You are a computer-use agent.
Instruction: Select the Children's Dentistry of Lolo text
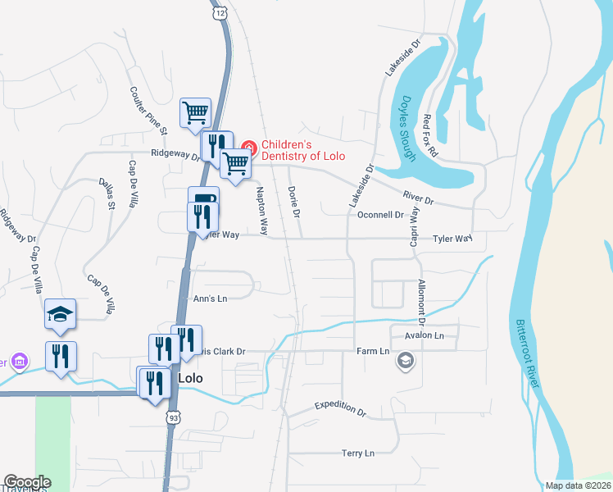[302, 150]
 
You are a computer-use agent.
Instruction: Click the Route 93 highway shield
[174, 418]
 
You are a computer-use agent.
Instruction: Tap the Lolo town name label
[190, 379]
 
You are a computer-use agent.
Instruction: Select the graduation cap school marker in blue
[61, 315]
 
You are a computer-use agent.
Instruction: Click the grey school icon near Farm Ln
[405, 361]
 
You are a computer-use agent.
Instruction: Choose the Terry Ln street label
[357, 453]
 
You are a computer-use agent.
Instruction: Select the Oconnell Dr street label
[381, 215]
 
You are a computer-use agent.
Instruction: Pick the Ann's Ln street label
[209, 298]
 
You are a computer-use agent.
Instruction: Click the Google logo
[27, 482]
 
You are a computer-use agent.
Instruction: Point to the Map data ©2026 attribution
[577, 485]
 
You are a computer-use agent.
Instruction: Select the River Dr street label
[417, 197]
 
